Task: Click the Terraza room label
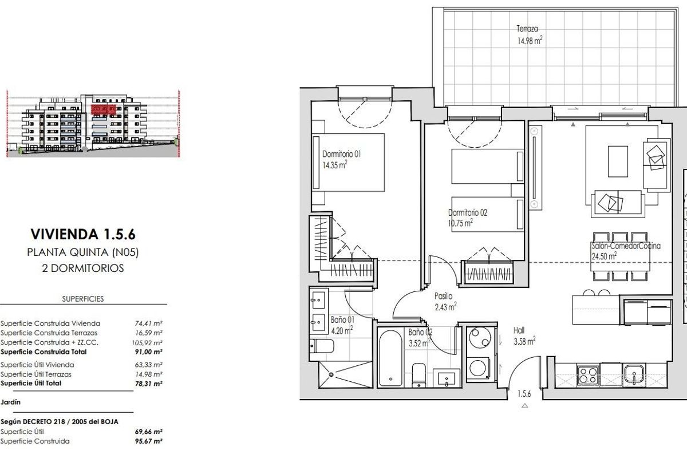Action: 527,29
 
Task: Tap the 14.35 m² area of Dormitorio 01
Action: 335,165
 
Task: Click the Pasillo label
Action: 443,297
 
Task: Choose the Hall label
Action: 519,330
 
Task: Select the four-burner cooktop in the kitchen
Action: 587,375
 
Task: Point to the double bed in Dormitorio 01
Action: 349,163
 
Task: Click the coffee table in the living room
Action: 617,161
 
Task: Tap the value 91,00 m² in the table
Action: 148,352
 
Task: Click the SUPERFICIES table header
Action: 82,299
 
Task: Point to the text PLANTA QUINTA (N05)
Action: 83,252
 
